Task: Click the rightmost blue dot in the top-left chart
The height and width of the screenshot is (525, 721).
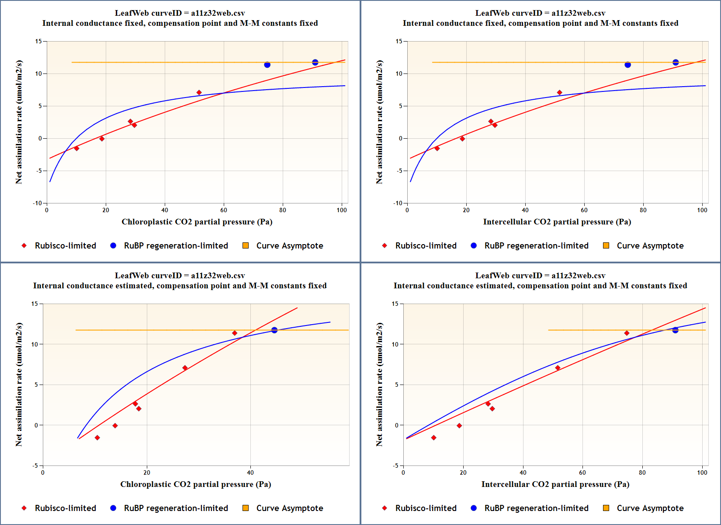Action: point(315,63)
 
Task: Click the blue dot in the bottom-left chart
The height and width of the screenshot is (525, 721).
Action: point(274,330)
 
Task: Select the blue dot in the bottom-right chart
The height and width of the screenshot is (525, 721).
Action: point(675,330)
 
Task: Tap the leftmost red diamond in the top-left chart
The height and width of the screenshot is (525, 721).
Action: point(76,148)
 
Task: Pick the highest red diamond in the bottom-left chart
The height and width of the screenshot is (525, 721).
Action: point(235,333)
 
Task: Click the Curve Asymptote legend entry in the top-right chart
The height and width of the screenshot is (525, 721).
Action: point(650,246)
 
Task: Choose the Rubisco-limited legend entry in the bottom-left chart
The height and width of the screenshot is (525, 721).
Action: point(65,508)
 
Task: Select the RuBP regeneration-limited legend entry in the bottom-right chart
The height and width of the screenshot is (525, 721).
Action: point(536,508)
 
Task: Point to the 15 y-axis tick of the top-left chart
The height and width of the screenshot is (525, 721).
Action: point(39,42)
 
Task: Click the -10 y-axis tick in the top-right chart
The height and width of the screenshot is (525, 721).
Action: point(398,203)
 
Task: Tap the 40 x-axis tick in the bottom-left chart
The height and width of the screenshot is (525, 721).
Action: point(250,472)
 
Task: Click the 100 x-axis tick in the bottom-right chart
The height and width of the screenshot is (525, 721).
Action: point(702,472)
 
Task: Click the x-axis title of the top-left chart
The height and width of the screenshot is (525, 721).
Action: point(197,222)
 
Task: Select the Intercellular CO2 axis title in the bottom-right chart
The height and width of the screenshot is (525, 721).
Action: point(555,484)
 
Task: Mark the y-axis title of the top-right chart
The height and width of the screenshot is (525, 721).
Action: point(379,122)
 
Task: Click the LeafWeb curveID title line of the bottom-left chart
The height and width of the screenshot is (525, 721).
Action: point(180,276)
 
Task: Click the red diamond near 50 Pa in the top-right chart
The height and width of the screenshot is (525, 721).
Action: point(559,93)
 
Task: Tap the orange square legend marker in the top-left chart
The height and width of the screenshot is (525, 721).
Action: point(246,246)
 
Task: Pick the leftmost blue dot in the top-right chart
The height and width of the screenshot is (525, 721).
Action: point(627,65)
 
